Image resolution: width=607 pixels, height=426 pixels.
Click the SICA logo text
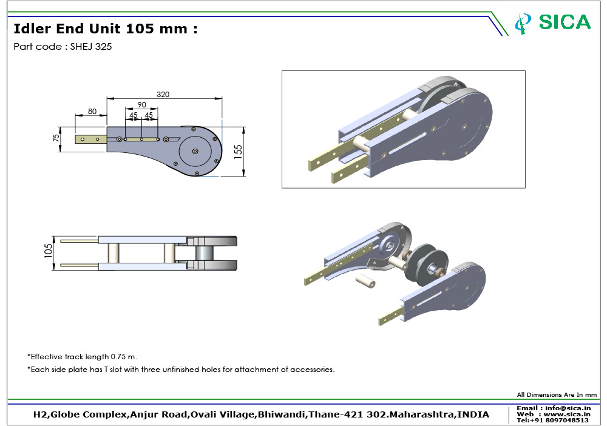[565, 22]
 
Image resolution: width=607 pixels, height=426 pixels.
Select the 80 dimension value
[92, 111]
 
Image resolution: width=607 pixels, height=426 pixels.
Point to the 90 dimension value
[141, 104]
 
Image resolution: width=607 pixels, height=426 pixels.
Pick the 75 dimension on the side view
[56, 138]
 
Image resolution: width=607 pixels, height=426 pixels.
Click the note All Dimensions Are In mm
[557, 395]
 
